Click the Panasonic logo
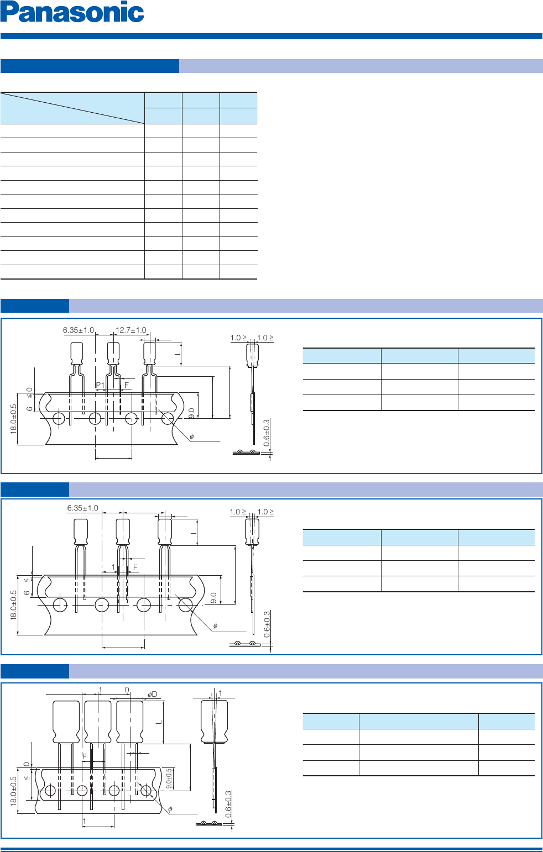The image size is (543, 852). point(72,12)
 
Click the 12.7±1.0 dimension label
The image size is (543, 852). point(131,330)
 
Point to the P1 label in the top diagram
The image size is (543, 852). point(100,385)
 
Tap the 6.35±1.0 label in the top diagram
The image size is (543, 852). point(79,330)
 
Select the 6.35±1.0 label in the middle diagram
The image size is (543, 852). point(82,508)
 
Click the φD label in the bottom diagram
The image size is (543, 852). point(152,694)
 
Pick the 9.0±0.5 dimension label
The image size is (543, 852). point(169,778)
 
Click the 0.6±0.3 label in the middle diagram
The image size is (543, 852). point(267,624)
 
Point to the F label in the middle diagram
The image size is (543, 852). point(135,567)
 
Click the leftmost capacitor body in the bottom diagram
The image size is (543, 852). point(66,722)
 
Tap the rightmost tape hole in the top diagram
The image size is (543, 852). point(168,419)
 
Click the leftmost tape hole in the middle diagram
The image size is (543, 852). point(60,605)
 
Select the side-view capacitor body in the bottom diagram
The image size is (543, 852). point(214,722)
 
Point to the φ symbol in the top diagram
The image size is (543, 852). point(191,436)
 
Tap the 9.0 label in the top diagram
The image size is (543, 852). point(191,413)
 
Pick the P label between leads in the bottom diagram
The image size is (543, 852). point(84,755)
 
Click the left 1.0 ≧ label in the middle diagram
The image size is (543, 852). point(238,512)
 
